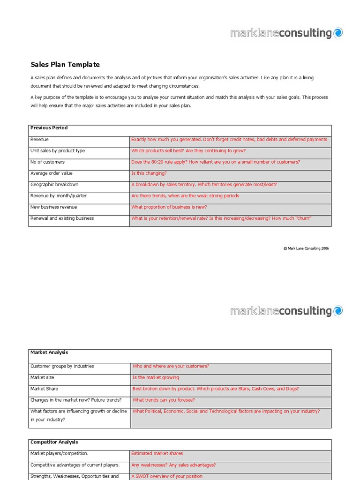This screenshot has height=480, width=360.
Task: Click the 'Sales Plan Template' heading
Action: coord(65,65)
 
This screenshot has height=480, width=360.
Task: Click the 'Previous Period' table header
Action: coord(49,128)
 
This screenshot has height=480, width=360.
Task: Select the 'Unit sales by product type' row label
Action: coord(58,151)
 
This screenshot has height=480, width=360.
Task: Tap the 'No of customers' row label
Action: coord(47,162)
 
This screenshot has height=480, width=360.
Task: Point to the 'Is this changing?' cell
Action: coord(149,173)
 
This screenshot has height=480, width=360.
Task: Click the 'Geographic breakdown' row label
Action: coord(54,185)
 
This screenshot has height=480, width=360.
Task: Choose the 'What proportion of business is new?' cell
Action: coord(169,207)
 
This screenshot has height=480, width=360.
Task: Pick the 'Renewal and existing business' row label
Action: coord(62,218)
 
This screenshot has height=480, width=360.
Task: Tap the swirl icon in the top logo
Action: coord(338,32)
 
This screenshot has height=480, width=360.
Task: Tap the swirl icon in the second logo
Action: coord(338,310)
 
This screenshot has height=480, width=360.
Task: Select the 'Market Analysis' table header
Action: coord(49,352)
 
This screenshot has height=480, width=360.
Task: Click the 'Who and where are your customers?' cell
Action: coord(171,367)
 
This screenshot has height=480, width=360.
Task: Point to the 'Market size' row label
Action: coord(44,378)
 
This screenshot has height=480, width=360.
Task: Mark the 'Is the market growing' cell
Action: coord(156,378)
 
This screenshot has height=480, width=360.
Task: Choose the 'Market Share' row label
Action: coord(45,389)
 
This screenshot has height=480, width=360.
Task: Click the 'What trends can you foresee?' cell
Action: coord(164,400)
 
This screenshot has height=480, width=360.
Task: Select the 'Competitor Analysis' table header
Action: coord(54,442)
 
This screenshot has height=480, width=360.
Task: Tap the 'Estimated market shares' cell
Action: coord(157,454)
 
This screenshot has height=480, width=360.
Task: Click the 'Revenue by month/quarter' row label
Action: coord(59,196)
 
